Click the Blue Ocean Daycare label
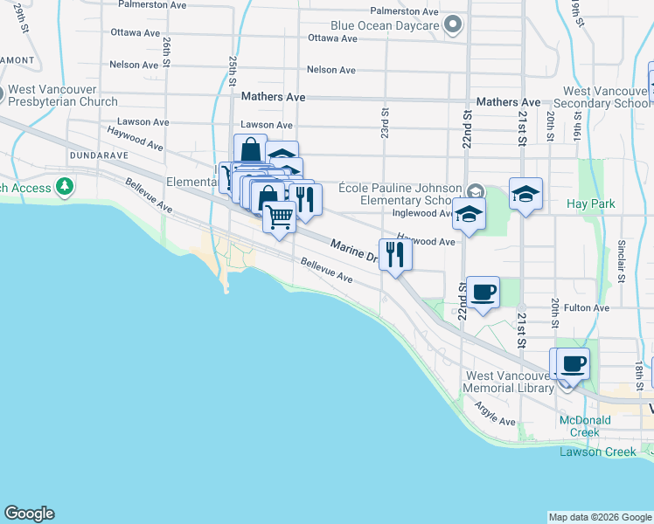385,26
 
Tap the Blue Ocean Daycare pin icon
452,25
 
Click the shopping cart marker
280,216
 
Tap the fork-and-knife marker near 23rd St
395,254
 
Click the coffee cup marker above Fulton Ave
482,292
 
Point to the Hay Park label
591,203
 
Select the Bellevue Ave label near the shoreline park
326,270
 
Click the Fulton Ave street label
587,308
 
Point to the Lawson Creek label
593,452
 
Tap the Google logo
29,514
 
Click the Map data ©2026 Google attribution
599,517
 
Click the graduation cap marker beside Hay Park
525,195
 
